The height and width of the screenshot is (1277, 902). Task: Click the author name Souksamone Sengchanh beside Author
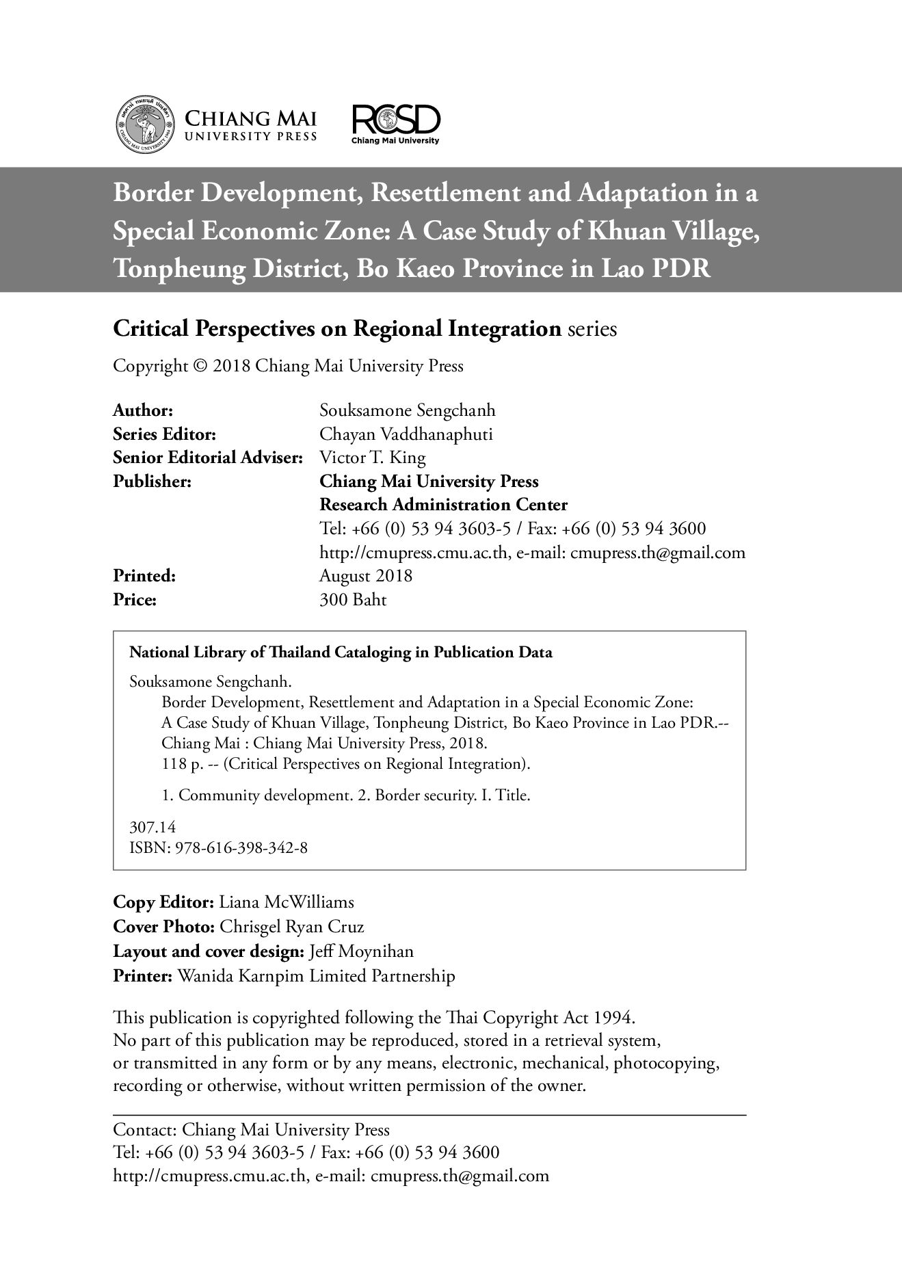coord(407,410)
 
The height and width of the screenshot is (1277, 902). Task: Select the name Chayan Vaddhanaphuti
coord(406,434)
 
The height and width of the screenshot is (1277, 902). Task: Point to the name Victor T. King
coord(372,458)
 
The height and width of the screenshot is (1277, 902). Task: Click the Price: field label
coord(135,600)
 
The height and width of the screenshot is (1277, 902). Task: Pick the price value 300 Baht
coord(353,600)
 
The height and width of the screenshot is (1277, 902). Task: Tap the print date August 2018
coord(366,576)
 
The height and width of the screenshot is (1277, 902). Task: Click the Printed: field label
coord(144,576)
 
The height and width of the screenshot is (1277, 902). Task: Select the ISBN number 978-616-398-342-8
coord(241,848)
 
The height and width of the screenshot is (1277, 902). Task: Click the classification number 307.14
coord(152,827)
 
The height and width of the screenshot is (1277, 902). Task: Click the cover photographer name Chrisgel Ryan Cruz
coord(291,927)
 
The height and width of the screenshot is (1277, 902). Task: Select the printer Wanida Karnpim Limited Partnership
coord(315,976)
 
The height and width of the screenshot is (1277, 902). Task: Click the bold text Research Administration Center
coord(443,505)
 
